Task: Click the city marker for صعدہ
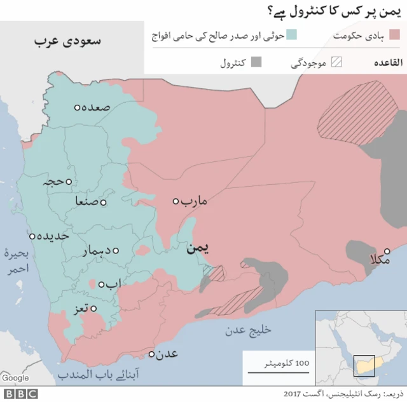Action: [x=77, y=108]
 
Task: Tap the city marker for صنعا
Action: [x=103, y=203]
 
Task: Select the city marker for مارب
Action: [x=176, y=201]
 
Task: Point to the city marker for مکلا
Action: [x=387, y=251]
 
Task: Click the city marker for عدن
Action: [x=152, y=353]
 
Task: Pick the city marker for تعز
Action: [x=93, y=309]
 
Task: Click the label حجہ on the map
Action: [x=53, y=182]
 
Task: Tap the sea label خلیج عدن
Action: [x=248, y=330]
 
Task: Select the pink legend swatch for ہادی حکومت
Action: [x=397, y=34]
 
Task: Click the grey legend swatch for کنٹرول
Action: [x=256, y=62]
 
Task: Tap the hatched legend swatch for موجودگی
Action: [x=335, y=62]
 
